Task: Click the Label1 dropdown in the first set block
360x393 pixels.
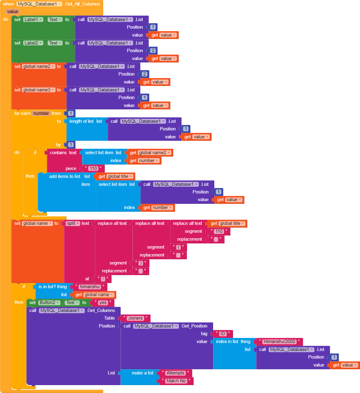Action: (x=33, y=19)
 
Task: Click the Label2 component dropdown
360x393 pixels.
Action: (x=33, y=43)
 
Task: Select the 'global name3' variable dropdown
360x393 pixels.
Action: (x=38, y=90)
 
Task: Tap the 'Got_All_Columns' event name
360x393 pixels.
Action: (x=82, y=4)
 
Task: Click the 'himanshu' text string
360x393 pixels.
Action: (x=90, y=287)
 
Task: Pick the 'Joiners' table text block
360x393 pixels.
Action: (x=135, y=318)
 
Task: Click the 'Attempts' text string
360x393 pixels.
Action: (x=175, y=373)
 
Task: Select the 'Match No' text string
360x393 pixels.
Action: (x=176, y=381)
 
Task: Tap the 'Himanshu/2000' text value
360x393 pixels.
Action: (x=279, y=342)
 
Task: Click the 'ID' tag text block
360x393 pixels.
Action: (x=223, y=334)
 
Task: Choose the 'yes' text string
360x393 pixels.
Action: (x=103, y=303)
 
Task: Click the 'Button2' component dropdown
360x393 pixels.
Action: (x=49, y=303)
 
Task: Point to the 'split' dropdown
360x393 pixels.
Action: (x=73, y=223)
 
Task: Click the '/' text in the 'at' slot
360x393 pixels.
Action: (x=103, y=279)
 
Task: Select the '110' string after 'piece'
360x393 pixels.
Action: (x=93, y=168)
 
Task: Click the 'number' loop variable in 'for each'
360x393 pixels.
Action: (x=41, y=113)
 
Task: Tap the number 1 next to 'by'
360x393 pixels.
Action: (x=71, y=145)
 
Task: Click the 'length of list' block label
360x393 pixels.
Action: (x=81, y=121)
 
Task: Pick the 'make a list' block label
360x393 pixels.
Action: (x=142, y=373)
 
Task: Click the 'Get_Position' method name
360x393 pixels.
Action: (x=194, y=326)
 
